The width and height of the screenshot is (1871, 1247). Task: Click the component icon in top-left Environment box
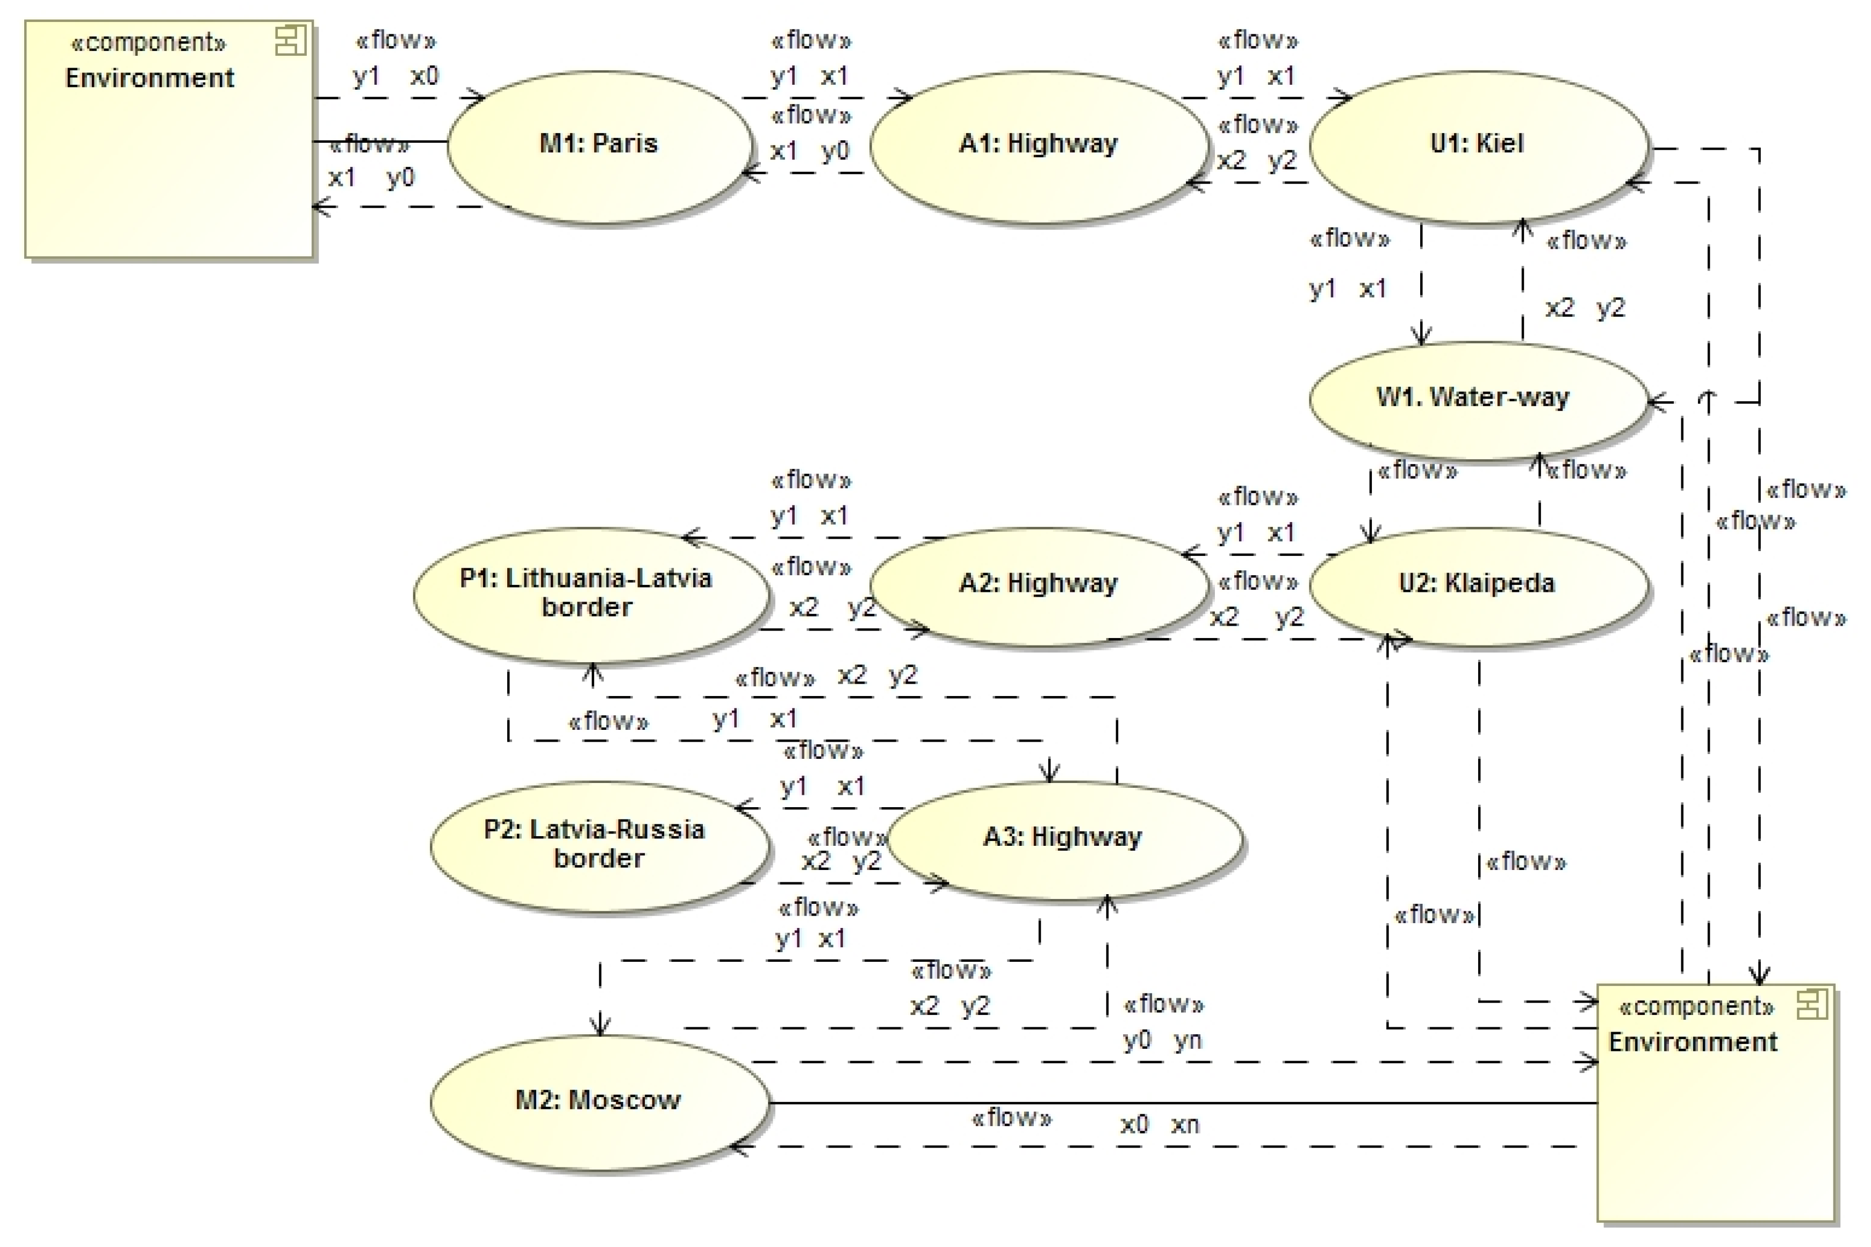[290, 41]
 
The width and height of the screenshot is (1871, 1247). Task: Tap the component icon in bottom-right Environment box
[1811, 1005]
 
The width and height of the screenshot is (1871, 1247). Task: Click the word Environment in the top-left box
[149, 78]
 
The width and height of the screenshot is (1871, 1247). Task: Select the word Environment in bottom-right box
[1692, 1042]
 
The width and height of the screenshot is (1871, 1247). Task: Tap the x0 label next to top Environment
[424, 76]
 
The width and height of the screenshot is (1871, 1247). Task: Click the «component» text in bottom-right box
[1697, 1007]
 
